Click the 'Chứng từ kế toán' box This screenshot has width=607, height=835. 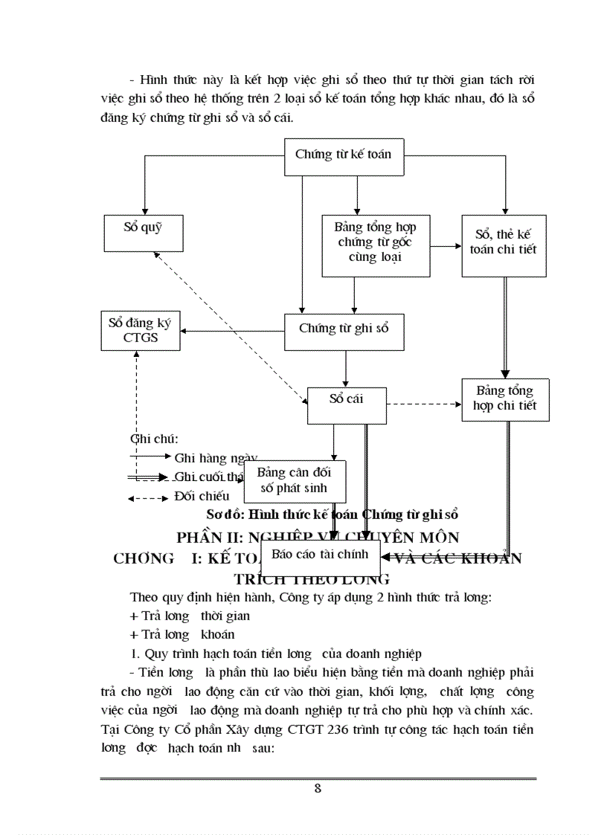click(344, 155)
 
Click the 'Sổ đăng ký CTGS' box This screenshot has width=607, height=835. click(139, 332)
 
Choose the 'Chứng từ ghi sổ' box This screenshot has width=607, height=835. click(344, 329)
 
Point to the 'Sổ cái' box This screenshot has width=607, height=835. click(347, 399)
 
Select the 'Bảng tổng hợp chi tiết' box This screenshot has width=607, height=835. click(505, 399)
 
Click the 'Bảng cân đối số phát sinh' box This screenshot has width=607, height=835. click(294, 480)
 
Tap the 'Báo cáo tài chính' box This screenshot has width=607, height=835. click(320, 554)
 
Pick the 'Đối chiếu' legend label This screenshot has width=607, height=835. click(202, 496)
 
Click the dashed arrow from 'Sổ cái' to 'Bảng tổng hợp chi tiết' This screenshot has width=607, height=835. click(424, 404)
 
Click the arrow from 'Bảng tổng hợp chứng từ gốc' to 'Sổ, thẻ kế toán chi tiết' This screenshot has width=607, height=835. click(446, 245)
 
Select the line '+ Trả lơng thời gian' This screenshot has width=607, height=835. click(190, 616)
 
